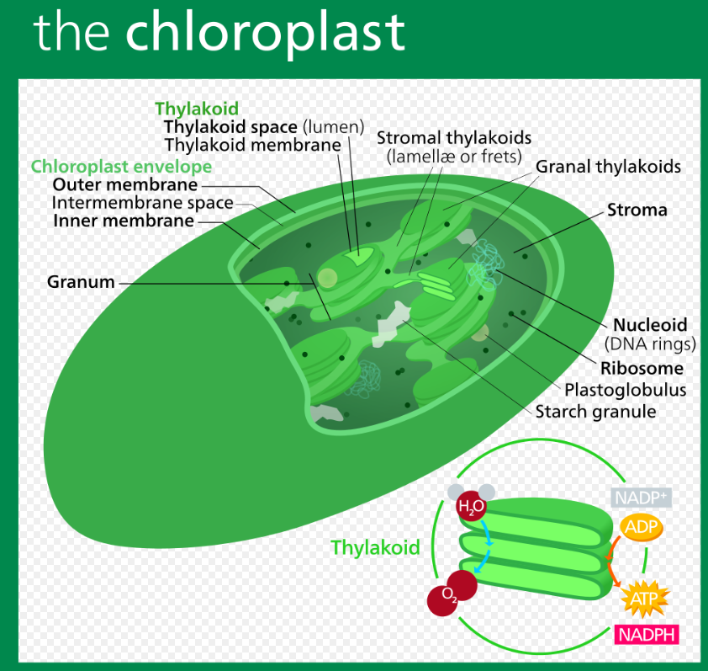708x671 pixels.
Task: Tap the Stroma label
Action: pyautogui.click(x=637, y=210)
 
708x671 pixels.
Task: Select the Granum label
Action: pyautogui.click(x=81, y=282)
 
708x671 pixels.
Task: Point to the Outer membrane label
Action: pyautogui.click(x=125, y=184)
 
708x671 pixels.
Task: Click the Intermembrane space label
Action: pyautogui.click(x=142, y=203)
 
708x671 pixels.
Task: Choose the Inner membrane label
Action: pyautogui.click(x=124, y=221)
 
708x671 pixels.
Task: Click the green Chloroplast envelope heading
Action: pyautogui.click(x=121, y=166)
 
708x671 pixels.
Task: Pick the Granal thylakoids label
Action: pyautogui.click(x=608, y=167)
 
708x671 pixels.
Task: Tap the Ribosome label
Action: pyautogui.click(x=642, y=368)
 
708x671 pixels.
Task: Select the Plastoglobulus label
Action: pyautogui.click(x=625, y=390)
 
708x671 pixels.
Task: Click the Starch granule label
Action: pyautogui.click(x=595, y=412)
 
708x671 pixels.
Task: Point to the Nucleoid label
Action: pyautogui.click(x=650, y=324)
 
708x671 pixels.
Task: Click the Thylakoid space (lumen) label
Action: pyautogui.click(x=263, y=127)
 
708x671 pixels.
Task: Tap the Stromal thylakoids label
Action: pyautogui.click(x=453, y=137)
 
